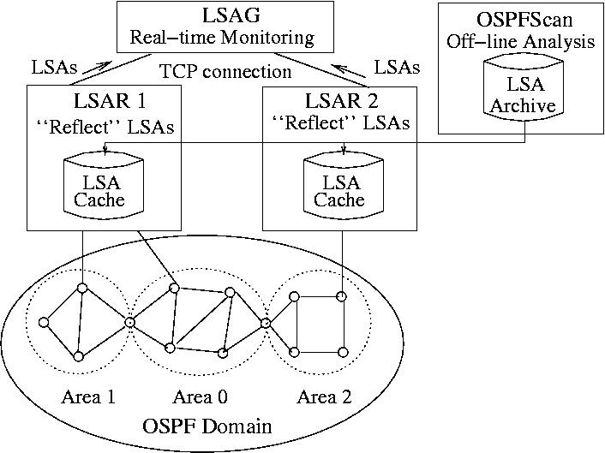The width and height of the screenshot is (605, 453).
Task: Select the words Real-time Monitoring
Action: [x=221, y=39]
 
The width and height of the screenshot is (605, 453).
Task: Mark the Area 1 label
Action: [x=88, y=397]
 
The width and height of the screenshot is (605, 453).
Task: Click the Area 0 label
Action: [x=200, y=397]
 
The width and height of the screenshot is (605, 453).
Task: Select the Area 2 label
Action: [x=324, y=397]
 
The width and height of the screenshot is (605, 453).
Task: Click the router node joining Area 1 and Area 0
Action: [x=129, y=322]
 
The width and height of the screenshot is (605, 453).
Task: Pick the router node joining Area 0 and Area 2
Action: [x=266, y=322]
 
